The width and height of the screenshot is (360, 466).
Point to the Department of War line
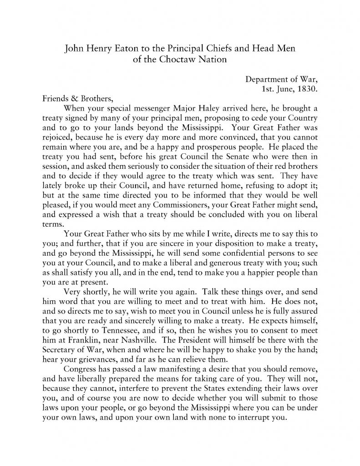tap(281, 79)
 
